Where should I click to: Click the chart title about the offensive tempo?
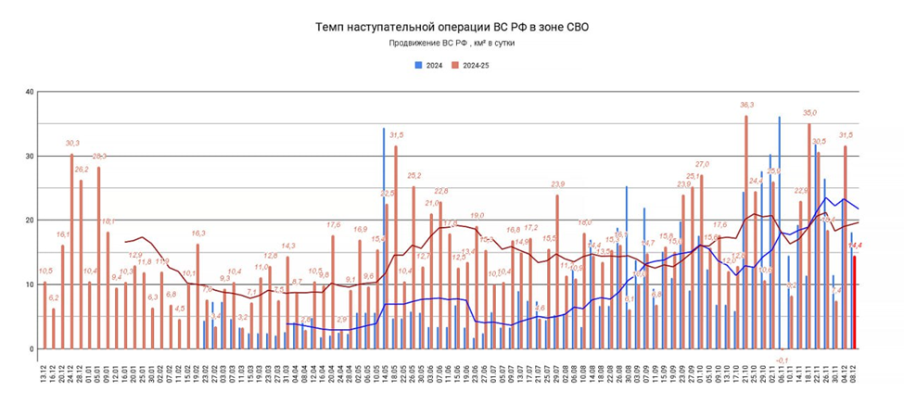point(452,28)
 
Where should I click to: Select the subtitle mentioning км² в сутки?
point(452,44)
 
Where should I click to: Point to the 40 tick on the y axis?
point(30,92)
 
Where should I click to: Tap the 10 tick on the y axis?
point(30,284)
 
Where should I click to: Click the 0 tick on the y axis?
point(32,349)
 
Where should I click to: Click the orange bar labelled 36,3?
point(746,232)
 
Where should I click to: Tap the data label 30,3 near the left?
point(72,144)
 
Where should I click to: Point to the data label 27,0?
point(702,164)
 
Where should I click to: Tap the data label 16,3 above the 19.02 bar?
point(198,234)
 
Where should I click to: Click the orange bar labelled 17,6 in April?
point(333,292)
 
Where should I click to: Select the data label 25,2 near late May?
point(414,175)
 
